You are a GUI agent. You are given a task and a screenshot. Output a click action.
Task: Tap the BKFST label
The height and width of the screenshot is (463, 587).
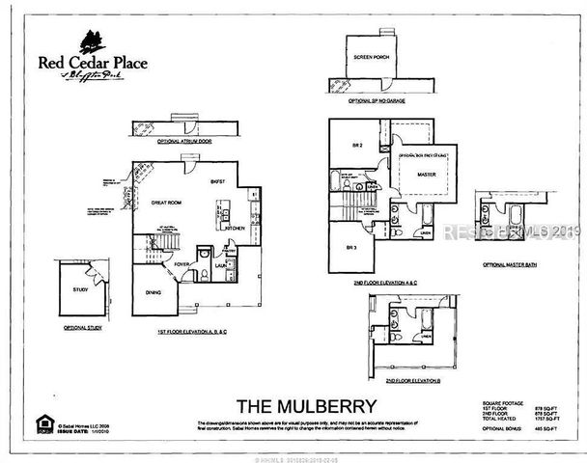[216, 181]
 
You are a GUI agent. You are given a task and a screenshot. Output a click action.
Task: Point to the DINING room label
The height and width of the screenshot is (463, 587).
[153, 292]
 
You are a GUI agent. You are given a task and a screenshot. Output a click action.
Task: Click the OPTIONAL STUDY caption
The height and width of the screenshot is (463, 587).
[82, 328]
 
